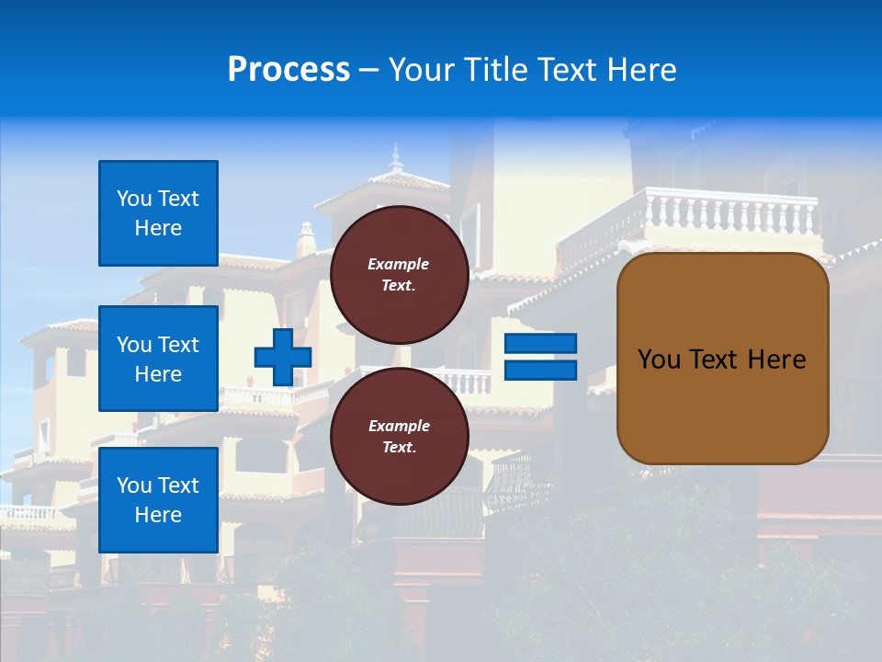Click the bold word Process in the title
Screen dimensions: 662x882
(288, 70)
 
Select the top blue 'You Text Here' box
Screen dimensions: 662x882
(158, 213)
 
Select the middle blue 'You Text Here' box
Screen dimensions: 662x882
(158, 359)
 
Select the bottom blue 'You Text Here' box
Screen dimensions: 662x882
(158, 499)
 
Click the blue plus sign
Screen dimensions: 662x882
(282, 357)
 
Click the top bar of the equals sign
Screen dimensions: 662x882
(540, 344)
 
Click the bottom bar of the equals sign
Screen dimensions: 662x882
(540, 370)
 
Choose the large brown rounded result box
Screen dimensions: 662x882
(722, 405)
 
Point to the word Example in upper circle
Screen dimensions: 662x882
(399, 264)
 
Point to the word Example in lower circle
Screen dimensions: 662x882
(399, 426)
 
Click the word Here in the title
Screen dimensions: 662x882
(639, 70)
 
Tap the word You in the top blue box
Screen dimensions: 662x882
(133, 199)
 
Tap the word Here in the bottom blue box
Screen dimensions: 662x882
(158, 515)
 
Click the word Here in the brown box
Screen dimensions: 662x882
(776, 360)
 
